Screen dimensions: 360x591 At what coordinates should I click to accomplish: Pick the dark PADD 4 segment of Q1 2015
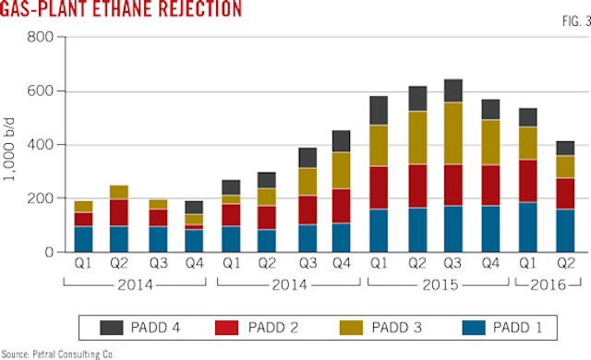click(x=379, y=111)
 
